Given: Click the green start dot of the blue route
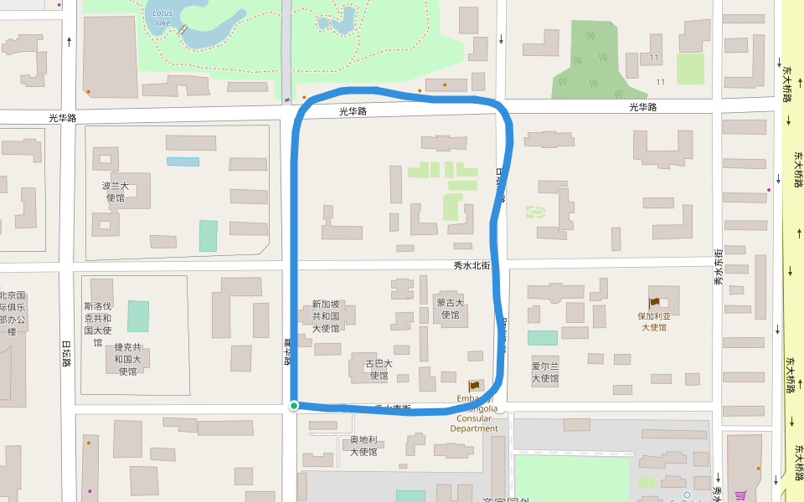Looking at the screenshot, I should (x=294, y=406).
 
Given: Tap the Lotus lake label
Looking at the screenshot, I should (x=162, y=18).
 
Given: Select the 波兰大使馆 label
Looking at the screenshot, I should (x=116, y=192).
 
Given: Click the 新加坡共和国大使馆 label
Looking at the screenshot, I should (x=326, y=316).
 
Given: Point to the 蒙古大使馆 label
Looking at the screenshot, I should (x=450, y=309).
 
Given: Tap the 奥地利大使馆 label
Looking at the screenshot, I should (x=365, y=446).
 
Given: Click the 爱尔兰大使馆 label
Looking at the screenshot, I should (x=544, y=372).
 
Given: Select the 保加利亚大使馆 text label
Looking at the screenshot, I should (x=654, y=322).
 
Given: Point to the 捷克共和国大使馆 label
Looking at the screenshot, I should (x=127, y=359).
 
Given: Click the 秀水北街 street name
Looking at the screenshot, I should (x=471, y=265).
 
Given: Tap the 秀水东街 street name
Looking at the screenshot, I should (x=718, y=268).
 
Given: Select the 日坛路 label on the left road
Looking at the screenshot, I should (x=66, y=353).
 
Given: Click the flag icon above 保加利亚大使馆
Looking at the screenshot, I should (x=654, y=302).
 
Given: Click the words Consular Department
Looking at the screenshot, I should (x=474, y=423).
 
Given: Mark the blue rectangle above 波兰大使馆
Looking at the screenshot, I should (x=183, y=161).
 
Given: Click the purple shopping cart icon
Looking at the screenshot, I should (x=740, y=495).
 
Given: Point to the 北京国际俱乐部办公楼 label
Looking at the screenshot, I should (x=13, y=313).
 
